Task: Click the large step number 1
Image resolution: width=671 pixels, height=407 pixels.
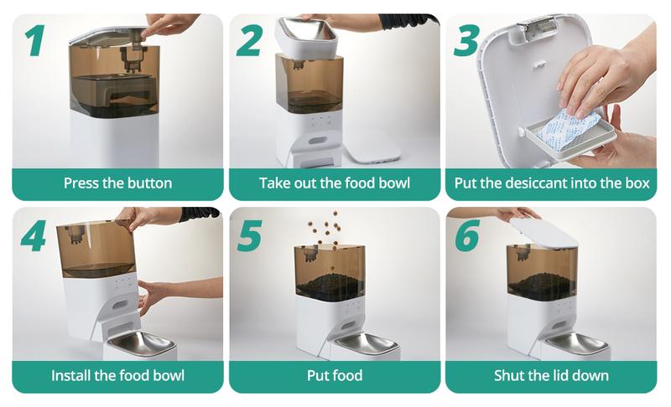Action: tap(35, 40)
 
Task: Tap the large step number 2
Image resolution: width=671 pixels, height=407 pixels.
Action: tap(249, 40)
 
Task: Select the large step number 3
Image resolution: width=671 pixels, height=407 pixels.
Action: tap(466, 40)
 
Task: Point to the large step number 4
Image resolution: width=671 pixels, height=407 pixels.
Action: tap(34, 236)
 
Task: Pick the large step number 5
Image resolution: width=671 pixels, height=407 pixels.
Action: tap(249, 236)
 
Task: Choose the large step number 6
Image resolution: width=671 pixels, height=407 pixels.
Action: tap(467, 236)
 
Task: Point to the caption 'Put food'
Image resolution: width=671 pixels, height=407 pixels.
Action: tap(335, 376)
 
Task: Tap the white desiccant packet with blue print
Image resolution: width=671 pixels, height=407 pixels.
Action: tap(570, 130)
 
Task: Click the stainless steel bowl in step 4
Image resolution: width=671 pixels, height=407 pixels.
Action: tap(141, 343)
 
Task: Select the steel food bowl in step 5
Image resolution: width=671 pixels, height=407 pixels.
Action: tap(366, 344)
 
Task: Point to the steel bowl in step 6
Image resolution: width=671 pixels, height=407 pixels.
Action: tap(577, 343)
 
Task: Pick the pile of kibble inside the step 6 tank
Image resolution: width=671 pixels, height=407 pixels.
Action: tap(542, 284)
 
